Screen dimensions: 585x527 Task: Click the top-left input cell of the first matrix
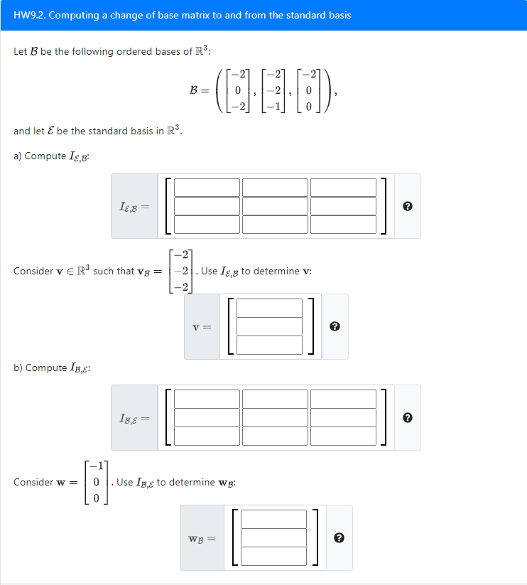point(207,188)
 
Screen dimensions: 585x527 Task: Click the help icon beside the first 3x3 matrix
point(407,207)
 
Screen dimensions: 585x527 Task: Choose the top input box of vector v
point(270,308)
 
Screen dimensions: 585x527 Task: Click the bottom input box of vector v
point(270,345)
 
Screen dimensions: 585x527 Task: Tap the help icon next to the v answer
point(335,327)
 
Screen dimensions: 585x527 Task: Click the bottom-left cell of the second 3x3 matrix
point(207,436)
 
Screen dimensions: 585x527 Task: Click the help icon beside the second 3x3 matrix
point(407,418)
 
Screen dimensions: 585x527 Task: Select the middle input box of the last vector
point(274,537)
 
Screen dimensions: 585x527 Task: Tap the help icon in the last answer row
point(339,538)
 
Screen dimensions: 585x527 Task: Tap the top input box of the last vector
point(274,519)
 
